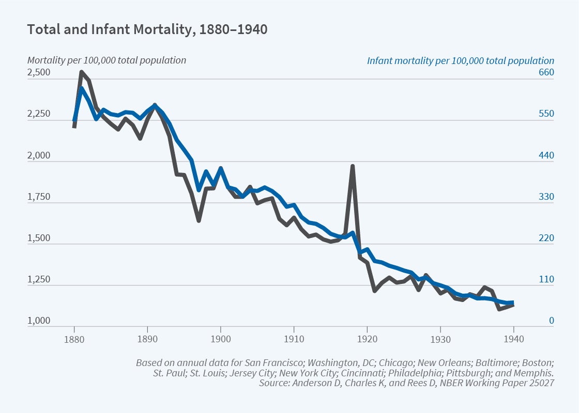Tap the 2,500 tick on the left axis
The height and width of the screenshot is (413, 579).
click(39, 72)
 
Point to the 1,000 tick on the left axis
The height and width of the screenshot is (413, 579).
click(39, 321)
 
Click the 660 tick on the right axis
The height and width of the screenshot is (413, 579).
click(546, 72)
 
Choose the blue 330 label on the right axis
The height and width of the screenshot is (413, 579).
click(546, 197)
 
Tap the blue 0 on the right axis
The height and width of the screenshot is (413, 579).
click(551, 321)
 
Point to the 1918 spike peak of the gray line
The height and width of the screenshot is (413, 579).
click(353, 166)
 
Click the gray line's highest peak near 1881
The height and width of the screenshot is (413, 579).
click(82, 72)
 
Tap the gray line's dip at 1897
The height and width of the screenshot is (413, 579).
click(199, 220)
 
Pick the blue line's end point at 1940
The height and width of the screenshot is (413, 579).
click(512, 303)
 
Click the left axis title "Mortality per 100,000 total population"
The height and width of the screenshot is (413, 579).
click(106, 60)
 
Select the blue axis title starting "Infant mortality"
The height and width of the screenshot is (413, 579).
click(460, 60)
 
